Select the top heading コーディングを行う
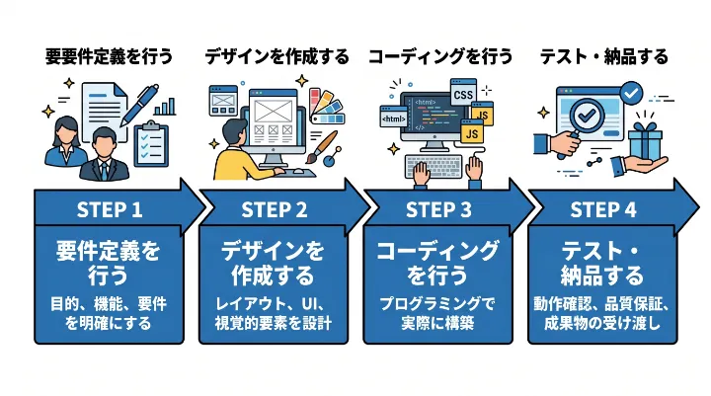click(440, 57)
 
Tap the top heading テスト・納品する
click(603, 57)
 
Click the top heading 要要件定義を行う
click(109, 57)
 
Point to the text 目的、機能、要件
click(110, 302)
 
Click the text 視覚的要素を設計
click(274, 323)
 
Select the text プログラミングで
click(438, 302)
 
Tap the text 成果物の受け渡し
click(602, 323)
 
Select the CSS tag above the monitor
click(463, 95)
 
